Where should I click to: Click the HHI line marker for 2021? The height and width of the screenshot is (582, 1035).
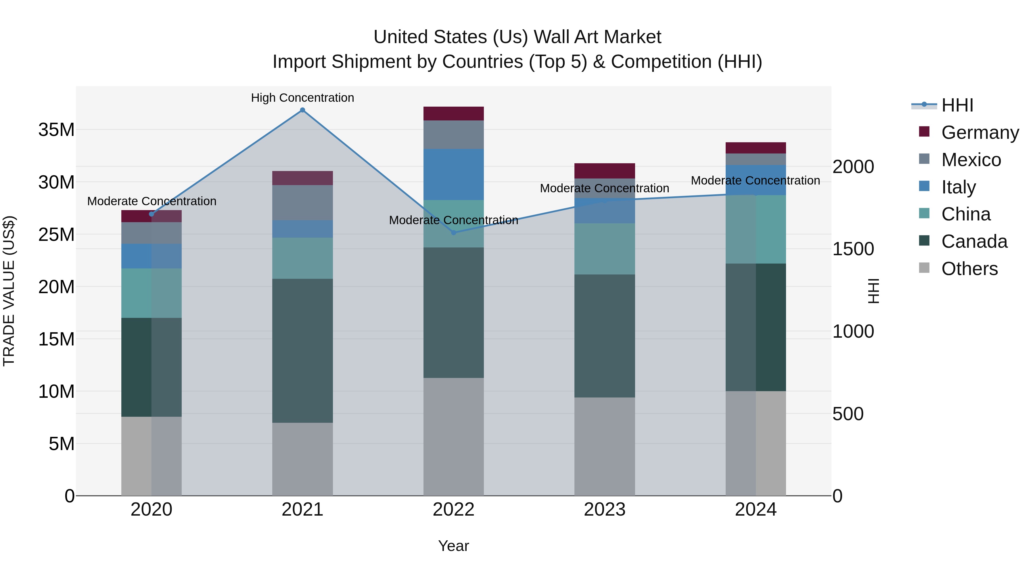pyautogui.click(x=302, y=110)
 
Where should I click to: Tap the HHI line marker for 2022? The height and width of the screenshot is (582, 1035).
pyautogui.click(x=454, y=233)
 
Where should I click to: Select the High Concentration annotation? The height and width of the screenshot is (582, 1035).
pyautogui.click(x=302, y=98)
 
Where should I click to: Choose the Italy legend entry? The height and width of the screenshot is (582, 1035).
pyautogui.click(x=958, y=187)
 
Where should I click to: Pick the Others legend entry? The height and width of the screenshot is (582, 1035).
pyautogui.click(x=969, y=269)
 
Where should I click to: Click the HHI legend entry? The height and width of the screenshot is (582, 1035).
pyautogui.click(x=957, y=105)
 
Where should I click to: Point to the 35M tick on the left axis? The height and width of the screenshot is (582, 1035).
pyautogui.click(x=56, y=130)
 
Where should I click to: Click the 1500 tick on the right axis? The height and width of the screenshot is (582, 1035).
pyautogui.click(x=853, y=249)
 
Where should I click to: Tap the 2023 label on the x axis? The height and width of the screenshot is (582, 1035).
pyautogui.click(x=604, y=510)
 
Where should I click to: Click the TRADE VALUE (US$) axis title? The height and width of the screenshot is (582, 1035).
pyautogui.click(x=9, y=291)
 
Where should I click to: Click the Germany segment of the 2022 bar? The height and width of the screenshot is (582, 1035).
pyautogui.click(x=454, y=114)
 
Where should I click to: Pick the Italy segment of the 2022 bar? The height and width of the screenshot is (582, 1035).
pyautogui.click(x=454, y=174)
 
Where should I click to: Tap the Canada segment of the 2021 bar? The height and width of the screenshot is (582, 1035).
pyautogui.click(x=302, y=350)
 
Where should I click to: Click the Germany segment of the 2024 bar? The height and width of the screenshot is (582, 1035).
pyautogui.click(x=755, y=148)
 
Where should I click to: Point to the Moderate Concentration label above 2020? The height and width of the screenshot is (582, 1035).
pyautogui.click(x=152, y=201)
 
